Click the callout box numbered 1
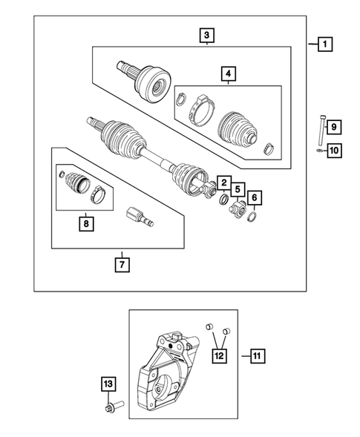point(324,45)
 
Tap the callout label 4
point(228,73)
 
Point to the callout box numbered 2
point(222,183)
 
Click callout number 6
point(255,197)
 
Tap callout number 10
point(333,151)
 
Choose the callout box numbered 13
point(108,384)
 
